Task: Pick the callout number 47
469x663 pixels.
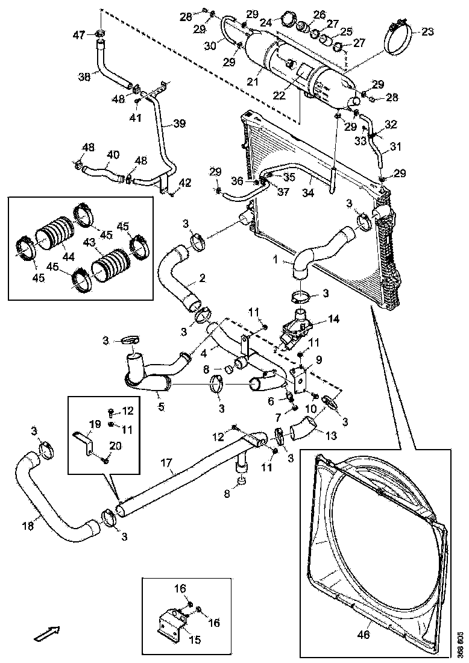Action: click(80, 35)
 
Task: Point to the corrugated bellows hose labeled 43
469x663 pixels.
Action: click(110, 264)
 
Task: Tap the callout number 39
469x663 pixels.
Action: click(179, 124)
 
